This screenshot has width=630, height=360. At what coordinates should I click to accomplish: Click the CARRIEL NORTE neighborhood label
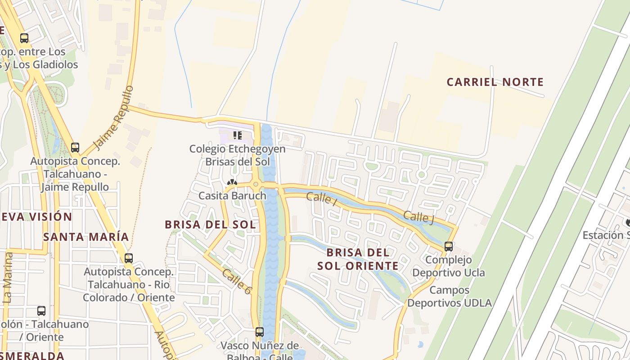495,82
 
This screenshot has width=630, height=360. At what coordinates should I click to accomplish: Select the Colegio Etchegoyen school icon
238,135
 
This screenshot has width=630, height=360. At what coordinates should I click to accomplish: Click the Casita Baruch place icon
232,183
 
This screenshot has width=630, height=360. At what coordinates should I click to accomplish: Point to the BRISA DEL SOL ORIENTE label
358,259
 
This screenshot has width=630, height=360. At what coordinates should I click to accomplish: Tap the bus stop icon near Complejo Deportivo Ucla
448,247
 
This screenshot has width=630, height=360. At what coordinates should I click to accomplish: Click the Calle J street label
418,217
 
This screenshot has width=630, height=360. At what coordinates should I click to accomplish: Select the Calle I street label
321,198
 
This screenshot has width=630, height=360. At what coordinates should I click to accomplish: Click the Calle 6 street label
236,282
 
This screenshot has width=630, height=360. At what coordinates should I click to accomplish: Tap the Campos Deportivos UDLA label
450,297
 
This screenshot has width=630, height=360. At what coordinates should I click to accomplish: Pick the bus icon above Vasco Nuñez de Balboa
260,332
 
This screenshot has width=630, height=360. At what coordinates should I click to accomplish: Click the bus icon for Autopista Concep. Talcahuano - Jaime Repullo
75,147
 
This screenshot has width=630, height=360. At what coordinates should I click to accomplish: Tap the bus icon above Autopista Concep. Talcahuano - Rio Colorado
129,258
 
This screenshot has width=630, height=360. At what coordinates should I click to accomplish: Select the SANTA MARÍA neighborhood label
86,237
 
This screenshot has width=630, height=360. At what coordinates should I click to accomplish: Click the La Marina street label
8,277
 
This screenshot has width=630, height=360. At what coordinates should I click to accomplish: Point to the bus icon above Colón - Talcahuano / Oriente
41,310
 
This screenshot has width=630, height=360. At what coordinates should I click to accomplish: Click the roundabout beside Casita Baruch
256,184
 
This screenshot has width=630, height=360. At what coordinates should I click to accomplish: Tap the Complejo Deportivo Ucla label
449,266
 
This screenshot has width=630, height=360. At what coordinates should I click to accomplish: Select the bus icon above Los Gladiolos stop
24,38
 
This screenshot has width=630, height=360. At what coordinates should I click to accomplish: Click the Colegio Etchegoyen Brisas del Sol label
237,155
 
